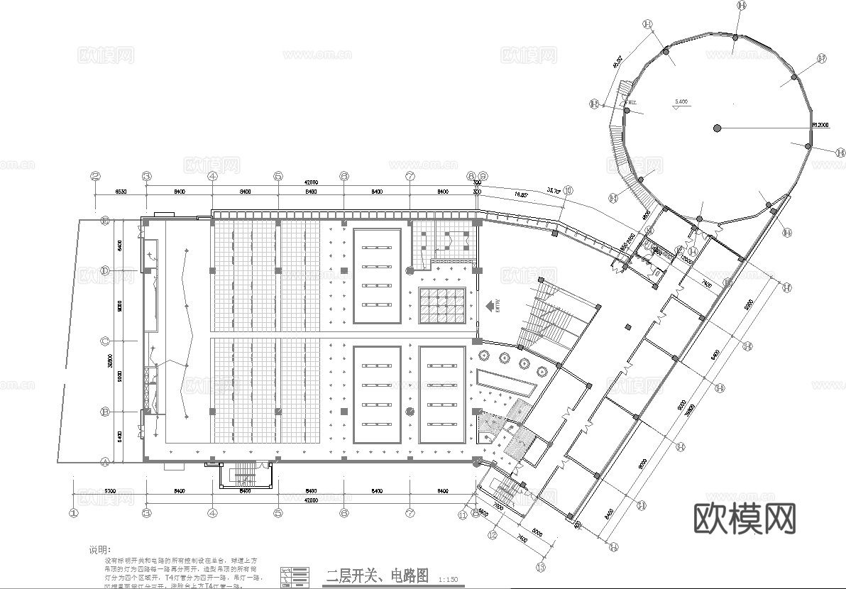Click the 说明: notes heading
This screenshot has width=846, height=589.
click(99, 549)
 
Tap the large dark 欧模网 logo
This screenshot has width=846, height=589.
click(743, 519)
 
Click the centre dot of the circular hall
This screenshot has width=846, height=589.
click(718, 128)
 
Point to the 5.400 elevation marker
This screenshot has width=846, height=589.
click(681, 103)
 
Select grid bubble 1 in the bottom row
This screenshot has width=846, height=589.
click(73, 511)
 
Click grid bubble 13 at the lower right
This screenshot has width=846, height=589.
click(541, 567)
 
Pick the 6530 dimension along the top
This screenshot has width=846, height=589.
click(120, 192)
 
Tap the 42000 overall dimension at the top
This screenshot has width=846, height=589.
click(310, 182)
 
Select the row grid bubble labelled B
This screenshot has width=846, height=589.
click(104, 411)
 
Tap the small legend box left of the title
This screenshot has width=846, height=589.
click(295, 576)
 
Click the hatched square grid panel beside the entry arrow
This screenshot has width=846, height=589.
click(442, 304)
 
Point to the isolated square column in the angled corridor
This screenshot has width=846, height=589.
click(628, 327)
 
